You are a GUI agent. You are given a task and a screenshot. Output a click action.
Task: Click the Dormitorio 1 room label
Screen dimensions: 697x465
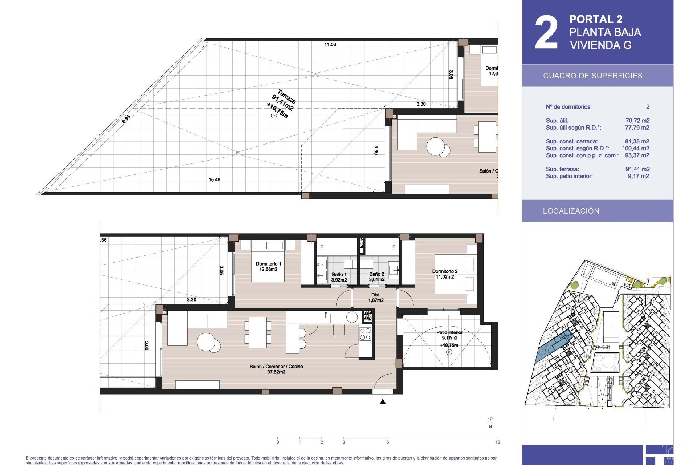tap(268, 266)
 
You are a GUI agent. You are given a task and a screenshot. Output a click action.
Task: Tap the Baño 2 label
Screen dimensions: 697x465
tap(377, 277)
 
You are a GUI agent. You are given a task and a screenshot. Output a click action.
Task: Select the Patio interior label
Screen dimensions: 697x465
tap(449, 335)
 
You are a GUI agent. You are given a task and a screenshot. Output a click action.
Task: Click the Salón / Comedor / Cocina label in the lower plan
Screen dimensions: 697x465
tap(276, 369)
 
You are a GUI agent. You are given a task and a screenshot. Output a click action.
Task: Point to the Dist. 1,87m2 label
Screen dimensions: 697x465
tap(376, 298)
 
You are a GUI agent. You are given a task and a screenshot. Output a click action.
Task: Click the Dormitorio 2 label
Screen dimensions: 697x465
tap(445, 274)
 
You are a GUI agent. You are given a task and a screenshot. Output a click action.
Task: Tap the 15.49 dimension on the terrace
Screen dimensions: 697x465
tap(215, 179)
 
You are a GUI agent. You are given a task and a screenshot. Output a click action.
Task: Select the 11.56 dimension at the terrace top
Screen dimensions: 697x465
tap(330, 44)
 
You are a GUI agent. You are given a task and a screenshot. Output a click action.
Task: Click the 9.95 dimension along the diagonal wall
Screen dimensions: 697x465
tap(126, 119)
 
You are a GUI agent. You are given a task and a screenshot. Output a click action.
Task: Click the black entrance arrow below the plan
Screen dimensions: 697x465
tap(383, 401)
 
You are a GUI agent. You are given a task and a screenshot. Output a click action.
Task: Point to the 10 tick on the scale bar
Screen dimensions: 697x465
tap(497, 442)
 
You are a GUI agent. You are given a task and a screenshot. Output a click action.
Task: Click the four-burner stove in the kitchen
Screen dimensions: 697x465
tap(365, 334)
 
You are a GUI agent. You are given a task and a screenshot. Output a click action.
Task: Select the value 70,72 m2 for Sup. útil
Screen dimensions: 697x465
tap(637, 121)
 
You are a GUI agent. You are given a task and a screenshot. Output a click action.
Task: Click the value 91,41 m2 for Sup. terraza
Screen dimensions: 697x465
tap(637, 169)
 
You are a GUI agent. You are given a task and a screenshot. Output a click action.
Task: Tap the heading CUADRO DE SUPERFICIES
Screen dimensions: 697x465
tap(593, 76)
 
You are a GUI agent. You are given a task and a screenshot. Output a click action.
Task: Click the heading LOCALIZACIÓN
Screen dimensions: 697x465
tap(571, 211)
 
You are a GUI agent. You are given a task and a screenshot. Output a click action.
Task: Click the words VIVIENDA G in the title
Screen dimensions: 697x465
tap(601, 45)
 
